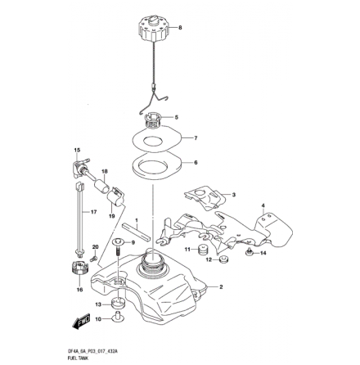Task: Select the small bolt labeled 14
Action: point(246,255)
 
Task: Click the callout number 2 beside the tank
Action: point(221,287)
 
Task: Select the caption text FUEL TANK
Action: point(79,358)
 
